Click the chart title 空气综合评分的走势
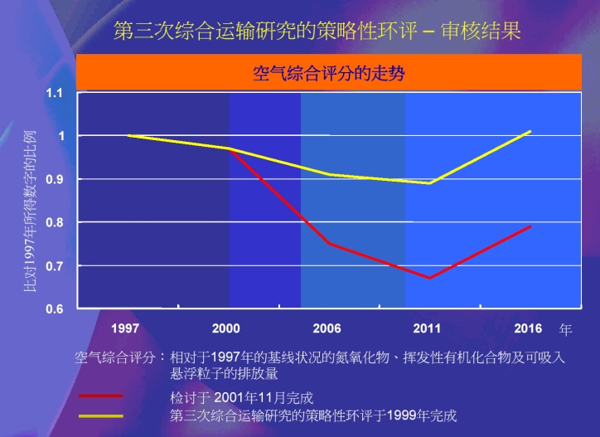point(328,71)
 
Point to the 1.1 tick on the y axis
point(54,92)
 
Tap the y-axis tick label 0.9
point(54,179)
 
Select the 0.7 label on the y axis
point(54,265)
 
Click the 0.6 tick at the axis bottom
point(54,308)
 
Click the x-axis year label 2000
point(225,328)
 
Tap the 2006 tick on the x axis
point(327,328)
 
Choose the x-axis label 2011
point(428,328)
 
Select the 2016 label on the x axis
point(528,328)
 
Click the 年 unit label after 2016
point(565,329)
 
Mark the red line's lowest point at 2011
point(429,278)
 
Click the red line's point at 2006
point(329,244)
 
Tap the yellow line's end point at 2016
point(530,131)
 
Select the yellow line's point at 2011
point(429,183)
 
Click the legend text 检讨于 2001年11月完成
point(241,397)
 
